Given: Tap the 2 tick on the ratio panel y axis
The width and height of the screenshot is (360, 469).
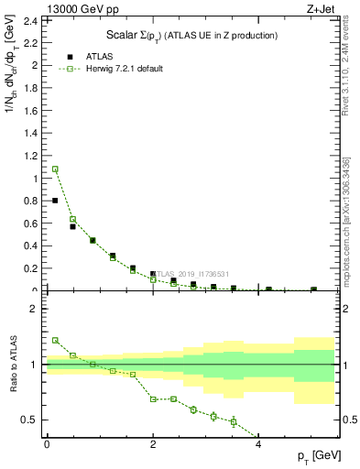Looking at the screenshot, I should pos(35,309).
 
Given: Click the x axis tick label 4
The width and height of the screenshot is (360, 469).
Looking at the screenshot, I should pos(258,443).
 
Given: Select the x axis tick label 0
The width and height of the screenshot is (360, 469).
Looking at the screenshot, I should pos(47,443).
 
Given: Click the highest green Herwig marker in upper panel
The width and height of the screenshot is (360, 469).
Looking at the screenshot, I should pos(55,169).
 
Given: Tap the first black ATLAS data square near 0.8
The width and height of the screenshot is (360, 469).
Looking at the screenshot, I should pos(55,201).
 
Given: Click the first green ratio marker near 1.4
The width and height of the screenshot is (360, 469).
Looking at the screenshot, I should pos(55,340).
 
